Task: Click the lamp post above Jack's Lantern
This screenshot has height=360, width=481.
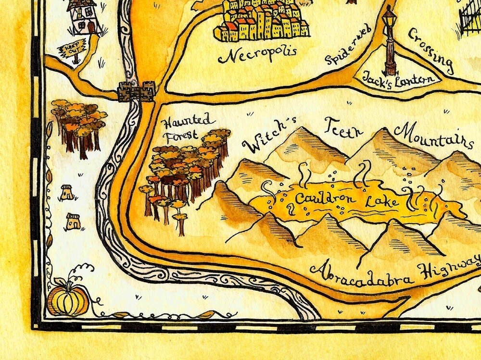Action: click(389, 41)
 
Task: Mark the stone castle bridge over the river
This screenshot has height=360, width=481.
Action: click(137, 91)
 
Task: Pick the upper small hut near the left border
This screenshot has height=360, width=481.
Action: click(67, 192)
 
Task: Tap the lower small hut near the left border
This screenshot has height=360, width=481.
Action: click(73, 222)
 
